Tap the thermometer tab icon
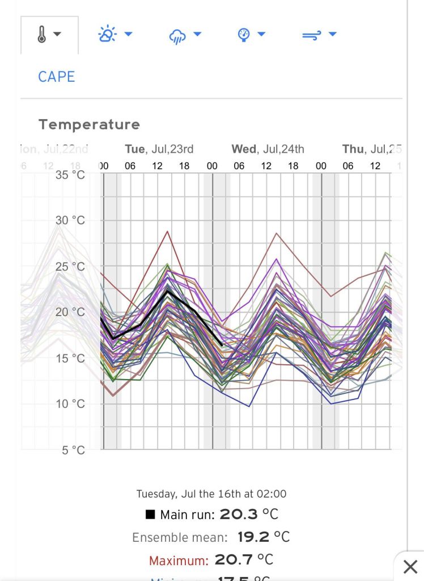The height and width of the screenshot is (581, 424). (42, 35)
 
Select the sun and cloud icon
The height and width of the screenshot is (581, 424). (107, 35)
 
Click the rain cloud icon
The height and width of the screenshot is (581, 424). (177, 36)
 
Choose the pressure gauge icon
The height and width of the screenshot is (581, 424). (243, 35)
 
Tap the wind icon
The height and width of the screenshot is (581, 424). (311, 35)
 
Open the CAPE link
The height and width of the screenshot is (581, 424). (56, 77)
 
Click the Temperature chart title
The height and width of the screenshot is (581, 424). (89, 124)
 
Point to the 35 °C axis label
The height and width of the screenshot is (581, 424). (70, 174)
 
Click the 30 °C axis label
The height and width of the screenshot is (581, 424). (70, 220)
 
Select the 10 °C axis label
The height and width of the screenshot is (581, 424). (70, 404)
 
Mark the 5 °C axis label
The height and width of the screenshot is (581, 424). (73, 451)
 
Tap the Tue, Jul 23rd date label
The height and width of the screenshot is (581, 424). (159, 149)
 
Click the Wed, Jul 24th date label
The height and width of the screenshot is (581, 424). (268, 149)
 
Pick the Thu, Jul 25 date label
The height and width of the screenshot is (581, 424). (372, 149)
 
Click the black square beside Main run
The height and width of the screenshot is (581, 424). (150, 515)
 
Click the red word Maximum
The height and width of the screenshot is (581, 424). (178, 561)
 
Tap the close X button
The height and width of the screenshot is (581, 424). (410, 566)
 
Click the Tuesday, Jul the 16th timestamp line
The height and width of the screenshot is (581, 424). (211, 494)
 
